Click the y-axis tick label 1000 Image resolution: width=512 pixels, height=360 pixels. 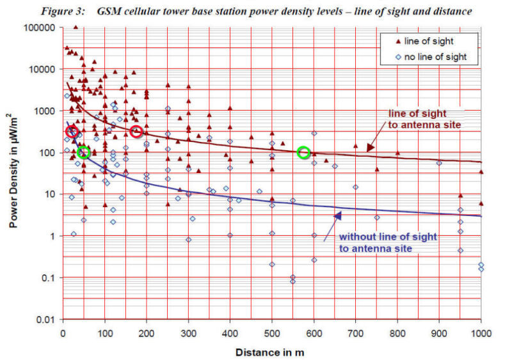tap(45, 111)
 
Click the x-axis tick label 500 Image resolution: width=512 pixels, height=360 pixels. tap(272, 333)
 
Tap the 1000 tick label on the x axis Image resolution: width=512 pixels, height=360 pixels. tap(481, 333)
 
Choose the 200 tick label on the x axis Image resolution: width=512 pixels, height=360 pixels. tap(147, 333)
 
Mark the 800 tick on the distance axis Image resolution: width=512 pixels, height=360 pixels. tap(397, 333)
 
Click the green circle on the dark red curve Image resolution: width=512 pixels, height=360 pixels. tap(304, 152)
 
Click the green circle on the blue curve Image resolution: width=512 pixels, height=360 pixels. tap(83, 152)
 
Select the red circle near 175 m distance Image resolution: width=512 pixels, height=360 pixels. tap(136, 132)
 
